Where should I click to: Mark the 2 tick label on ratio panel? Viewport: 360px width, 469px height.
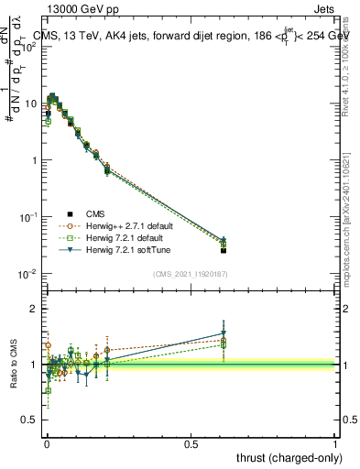pyautogui.click(x=34, y=309)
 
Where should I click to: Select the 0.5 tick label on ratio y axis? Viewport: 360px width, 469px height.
pyautogui.click(x=29, y=420)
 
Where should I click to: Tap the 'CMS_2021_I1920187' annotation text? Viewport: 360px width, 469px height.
pyautogui.click(x=191, y=273)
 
